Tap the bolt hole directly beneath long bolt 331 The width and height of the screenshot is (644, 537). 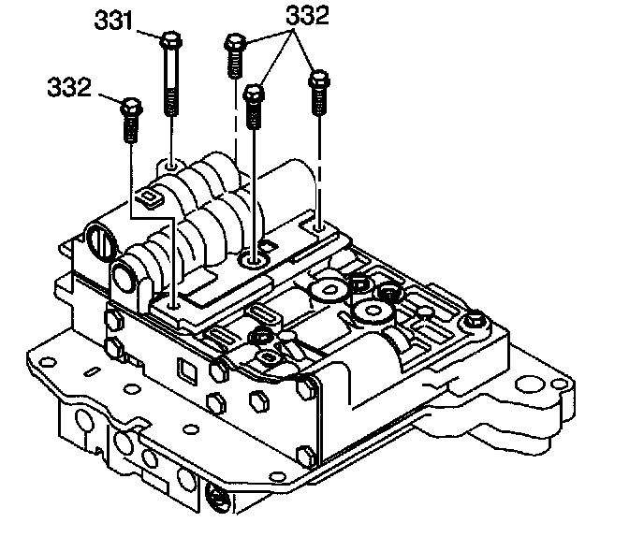(171, 166)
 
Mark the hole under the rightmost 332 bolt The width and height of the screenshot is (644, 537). (320, 225)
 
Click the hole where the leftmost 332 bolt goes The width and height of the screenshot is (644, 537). (174, 301)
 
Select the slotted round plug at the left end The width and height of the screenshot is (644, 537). (99, 245)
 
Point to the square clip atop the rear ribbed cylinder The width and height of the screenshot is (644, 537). (145, 196)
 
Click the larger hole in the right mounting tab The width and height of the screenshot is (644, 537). (534, 383)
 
